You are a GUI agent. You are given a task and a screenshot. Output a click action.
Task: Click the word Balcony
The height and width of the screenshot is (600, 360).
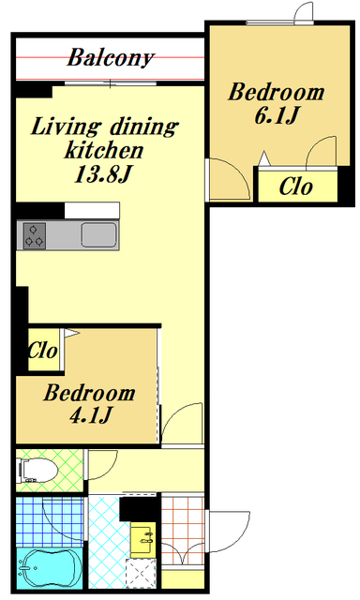tap(111, 58)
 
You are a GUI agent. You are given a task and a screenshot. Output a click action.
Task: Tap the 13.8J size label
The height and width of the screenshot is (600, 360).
tap(103, 174)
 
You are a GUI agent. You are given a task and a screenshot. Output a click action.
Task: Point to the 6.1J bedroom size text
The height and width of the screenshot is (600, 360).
tap(277, 115)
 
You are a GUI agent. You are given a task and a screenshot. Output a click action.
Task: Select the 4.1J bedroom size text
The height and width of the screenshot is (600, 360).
tap(91, 414)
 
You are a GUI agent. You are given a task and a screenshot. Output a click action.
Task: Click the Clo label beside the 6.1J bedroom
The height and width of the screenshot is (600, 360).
tap(296, 187)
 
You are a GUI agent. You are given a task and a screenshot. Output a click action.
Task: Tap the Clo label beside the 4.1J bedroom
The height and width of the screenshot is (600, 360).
tap(43, 350)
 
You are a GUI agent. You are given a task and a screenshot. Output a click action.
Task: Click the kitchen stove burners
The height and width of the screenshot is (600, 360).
tap(35, 235)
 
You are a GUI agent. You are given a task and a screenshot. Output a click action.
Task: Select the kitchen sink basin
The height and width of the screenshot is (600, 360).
tap(98, 234)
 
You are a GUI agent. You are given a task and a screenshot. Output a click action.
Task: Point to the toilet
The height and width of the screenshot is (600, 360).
tap(38, 471)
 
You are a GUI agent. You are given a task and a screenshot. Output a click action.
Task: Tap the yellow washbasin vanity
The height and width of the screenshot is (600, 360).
tap(143, 540)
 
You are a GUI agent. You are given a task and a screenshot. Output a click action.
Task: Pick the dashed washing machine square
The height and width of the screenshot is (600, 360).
tap(142, 573)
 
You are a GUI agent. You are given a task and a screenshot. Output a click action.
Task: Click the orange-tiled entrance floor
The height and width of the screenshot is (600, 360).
tap(183, 530)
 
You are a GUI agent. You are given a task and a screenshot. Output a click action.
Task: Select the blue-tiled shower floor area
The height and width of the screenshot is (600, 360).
tap(50, 522)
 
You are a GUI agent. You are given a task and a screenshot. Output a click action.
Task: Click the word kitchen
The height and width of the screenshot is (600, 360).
tap(104, 150)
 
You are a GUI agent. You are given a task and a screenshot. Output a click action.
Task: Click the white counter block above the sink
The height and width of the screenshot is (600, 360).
tap(92, 210)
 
